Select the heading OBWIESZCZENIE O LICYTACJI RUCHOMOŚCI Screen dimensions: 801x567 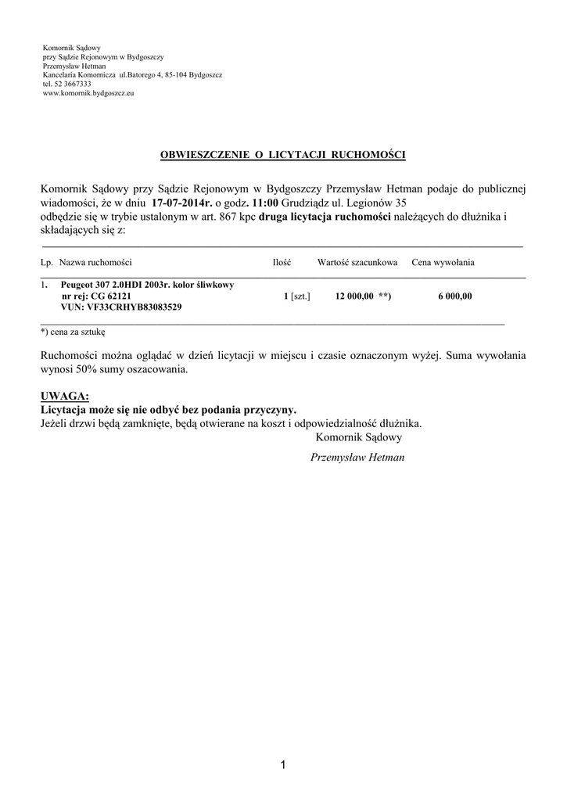point(283,156)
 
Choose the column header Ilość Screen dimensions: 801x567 point(282,263)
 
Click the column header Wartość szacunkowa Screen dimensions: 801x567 point(357,263)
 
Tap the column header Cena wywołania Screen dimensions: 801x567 point(443,263)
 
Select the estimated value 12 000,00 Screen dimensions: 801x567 point(353,297)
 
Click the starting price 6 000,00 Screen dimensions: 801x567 point(455,297)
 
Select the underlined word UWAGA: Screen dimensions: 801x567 point(64,397)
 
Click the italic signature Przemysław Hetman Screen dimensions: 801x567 point(357,458)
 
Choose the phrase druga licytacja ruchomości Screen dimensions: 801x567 point(325,216)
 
